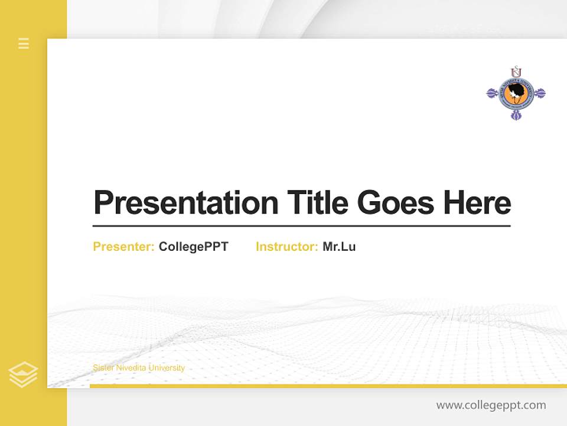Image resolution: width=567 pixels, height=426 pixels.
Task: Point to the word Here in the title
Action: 477,202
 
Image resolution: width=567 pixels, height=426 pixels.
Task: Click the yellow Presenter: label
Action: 123,247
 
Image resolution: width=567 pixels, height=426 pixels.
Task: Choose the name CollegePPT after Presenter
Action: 193,247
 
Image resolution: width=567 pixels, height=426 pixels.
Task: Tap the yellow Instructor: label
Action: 286,247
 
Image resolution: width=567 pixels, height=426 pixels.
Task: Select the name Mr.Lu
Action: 339,247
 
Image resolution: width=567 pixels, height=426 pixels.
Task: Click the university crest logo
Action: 516,93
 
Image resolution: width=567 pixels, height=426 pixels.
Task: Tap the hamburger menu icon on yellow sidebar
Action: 24,43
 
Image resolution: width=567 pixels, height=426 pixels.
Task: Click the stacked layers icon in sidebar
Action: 23,375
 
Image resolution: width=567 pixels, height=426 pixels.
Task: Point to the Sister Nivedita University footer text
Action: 139,368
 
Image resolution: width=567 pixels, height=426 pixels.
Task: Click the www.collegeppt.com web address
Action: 491,405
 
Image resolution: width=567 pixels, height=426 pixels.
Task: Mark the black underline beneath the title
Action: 301,225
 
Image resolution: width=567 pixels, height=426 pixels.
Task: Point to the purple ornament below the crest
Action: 516,115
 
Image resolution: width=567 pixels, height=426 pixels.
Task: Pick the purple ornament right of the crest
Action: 539,93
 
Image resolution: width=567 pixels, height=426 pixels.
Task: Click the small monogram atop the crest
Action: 516,70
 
